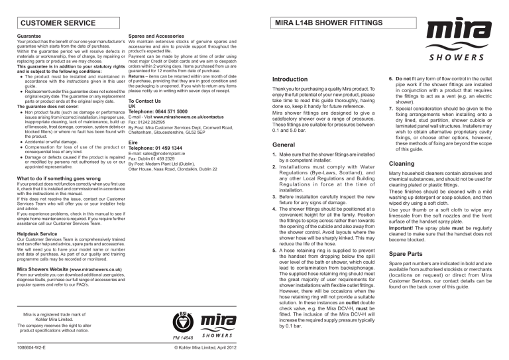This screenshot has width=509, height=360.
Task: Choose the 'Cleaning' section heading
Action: point(402,163)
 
